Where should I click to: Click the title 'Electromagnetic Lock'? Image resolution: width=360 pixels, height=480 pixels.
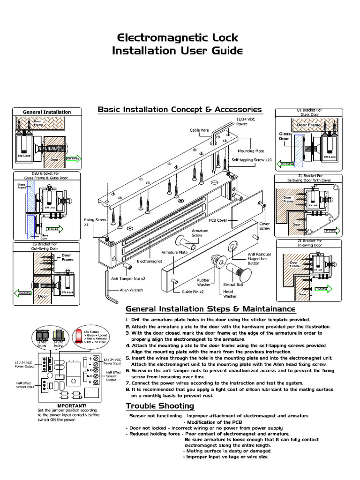click(x=177, y=37)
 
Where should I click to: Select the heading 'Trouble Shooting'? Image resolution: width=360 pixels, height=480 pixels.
click(x=159, y=405)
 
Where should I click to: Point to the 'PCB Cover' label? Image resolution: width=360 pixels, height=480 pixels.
click(x=218, y=219)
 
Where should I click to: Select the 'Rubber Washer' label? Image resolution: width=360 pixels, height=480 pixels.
click(x=203, y=283)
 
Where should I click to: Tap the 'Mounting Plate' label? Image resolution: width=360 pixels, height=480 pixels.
click(x=251, y=151)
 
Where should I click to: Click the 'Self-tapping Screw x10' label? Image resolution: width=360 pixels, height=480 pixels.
click(x=252, y=160)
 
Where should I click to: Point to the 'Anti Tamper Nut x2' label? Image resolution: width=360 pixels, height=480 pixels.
click(x=128, y=278)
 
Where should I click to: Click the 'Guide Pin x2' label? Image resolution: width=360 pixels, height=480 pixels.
click(x=192, y=292)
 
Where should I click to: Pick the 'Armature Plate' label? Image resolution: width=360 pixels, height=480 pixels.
click(x=174, y=252)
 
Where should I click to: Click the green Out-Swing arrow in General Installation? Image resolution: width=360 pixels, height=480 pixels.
click(x=74, y=158)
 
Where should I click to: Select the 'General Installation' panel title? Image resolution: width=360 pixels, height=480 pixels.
click(x=47, y=112)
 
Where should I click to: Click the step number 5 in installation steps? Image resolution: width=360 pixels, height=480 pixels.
click(x=127, y=357)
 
